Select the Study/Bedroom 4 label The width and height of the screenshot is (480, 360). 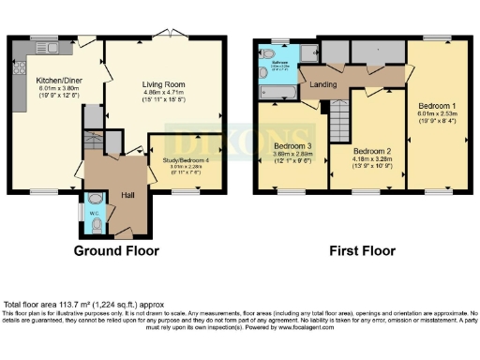[x=190, y=160]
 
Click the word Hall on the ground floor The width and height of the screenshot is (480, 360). [x=129, y=195]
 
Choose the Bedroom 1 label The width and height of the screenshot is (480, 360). [x=437, y=106]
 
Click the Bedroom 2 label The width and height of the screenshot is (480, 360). [x=371, y=150]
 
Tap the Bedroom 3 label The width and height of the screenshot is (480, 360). [x=292, y=147]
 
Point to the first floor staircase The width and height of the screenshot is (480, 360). [x=338, y=120]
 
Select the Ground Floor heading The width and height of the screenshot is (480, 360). [x=116, y=250]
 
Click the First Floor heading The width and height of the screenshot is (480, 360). [x=361, y=250]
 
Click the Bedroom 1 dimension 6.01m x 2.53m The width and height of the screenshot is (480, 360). [x=437, y=116]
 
